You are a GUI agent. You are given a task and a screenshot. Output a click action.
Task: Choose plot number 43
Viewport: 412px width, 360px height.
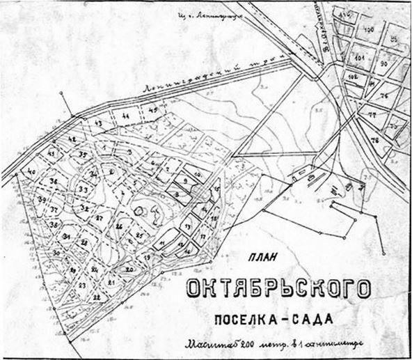point(98,123)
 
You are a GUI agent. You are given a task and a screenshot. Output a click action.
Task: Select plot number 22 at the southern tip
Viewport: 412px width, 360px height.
point(96,297)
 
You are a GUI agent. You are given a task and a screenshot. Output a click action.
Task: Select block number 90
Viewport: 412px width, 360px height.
point(382,63)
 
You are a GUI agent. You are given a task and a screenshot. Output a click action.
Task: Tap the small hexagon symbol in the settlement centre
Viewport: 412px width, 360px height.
point(139,208)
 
